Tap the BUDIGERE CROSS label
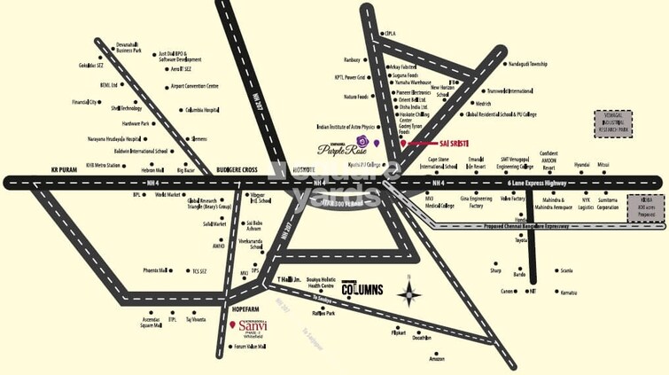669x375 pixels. point(235,168)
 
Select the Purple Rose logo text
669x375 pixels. point(337,149)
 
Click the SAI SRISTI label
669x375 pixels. point(447,143)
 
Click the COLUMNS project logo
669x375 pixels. point(362,289)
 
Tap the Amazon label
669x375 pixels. point(436,358)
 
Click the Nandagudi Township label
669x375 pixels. point(528,64)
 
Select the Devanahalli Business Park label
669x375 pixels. point(129,47)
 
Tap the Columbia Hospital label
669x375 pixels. point(202,109)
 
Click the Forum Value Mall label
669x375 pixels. point(251,347)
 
